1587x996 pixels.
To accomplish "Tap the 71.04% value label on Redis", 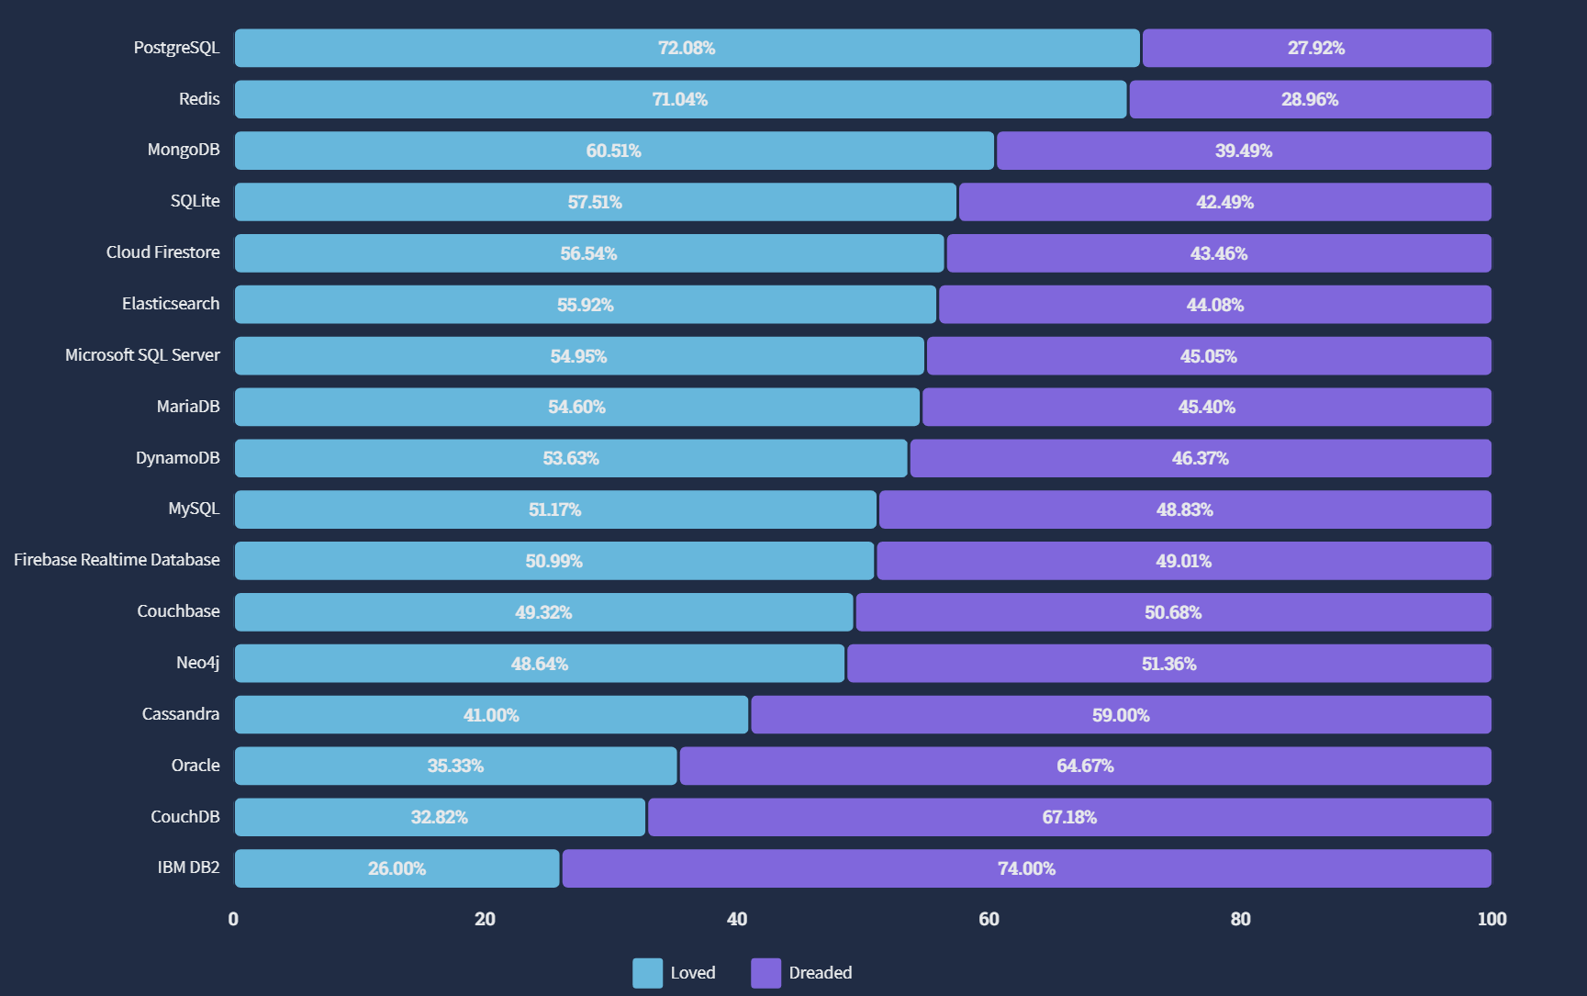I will pos(680,99).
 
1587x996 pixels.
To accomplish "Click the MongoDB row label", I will pos(184,150).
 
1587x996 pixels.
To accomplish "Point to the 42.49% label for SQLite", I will pos(1224,202).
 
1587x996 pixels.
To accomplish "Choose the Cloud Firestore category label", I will pos(162,252).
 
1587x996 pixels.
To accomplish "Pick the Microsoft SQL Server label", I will pos(142,355).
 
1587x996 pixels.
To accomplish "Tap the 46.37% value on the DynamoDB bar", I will pos(1200,458).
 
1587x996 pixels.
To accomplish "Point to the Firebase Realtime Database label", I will pos(117,560).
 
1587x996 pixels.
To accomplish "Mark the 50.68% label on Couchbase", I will pos(1173,612).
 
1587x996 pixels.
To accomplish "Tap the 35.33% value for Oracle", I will pos(455,766).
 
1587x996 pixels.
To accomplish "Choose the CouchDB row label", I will pos(185,817).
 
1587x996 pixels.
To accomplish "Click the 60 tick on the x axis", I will pos(989,919).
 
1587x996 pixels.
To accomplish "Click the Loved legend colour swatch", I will pos(647,973).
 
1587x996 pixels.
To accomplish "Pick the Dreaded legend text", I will pos(821,973).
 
